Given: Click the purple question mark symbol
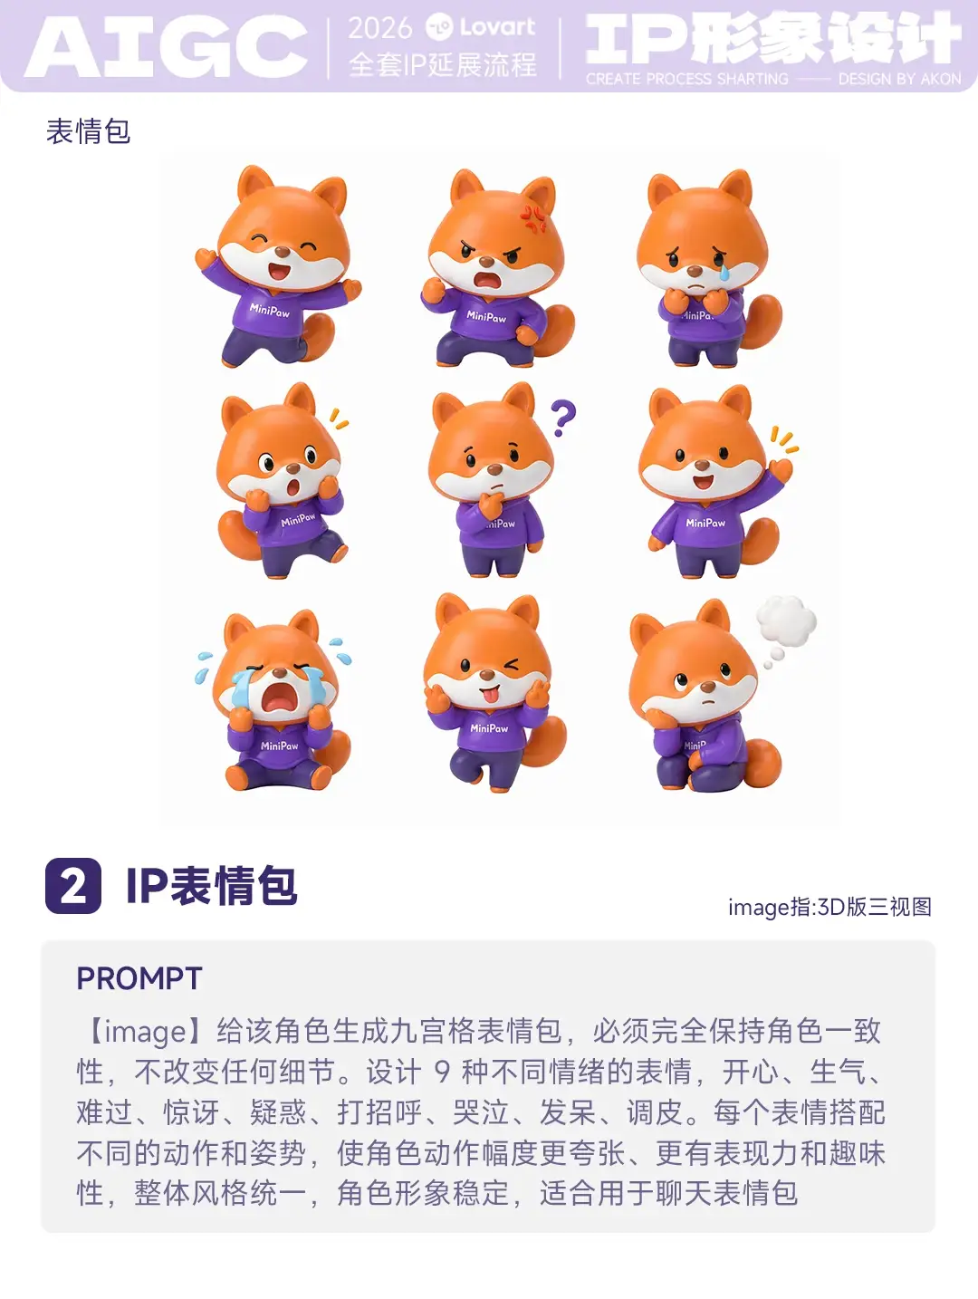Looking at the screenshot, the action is [562, 418].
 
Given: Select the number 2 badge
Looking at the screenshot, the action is [72, 885].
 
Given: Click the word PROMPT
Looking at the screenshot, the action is [139, 978].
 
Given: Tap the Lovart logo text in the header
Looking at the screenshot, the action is [497, 26].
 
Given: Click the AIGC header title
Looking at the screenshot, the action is [167, 47].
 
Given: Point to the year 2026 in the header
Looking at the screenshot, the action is [379, 28].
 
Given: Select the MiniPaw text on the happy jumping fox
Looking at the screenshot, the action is [270, 310].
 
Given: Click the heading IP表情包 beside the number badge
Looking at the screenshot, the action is [211, 885].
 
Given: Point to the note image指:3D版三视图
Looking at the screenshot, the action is [829, 907].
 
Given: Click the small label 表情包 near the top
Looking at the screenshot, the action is [88, 131].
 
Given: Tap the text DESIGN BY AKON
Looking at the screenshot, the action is [899, 80].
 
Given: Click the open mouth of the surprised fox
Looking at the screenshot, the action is [292, 488].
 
